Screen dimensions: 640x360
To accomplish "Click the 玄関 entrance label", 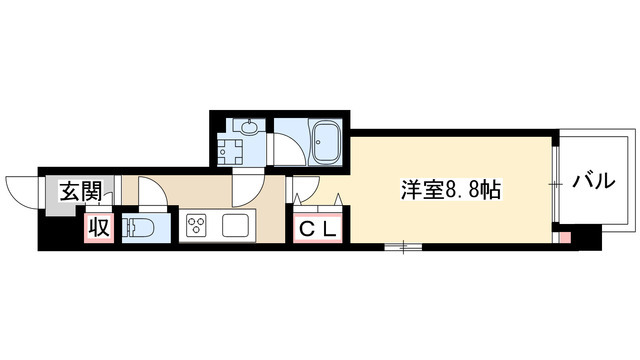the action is tap(78, 190).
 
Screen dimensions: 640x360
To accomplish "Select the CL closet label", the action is tap(321, 228).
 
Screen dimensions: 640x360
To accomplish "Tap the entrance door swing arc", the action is tap(22, 188).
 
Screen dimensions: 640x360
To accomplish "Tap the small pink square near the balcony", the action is tap(564, 237).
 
